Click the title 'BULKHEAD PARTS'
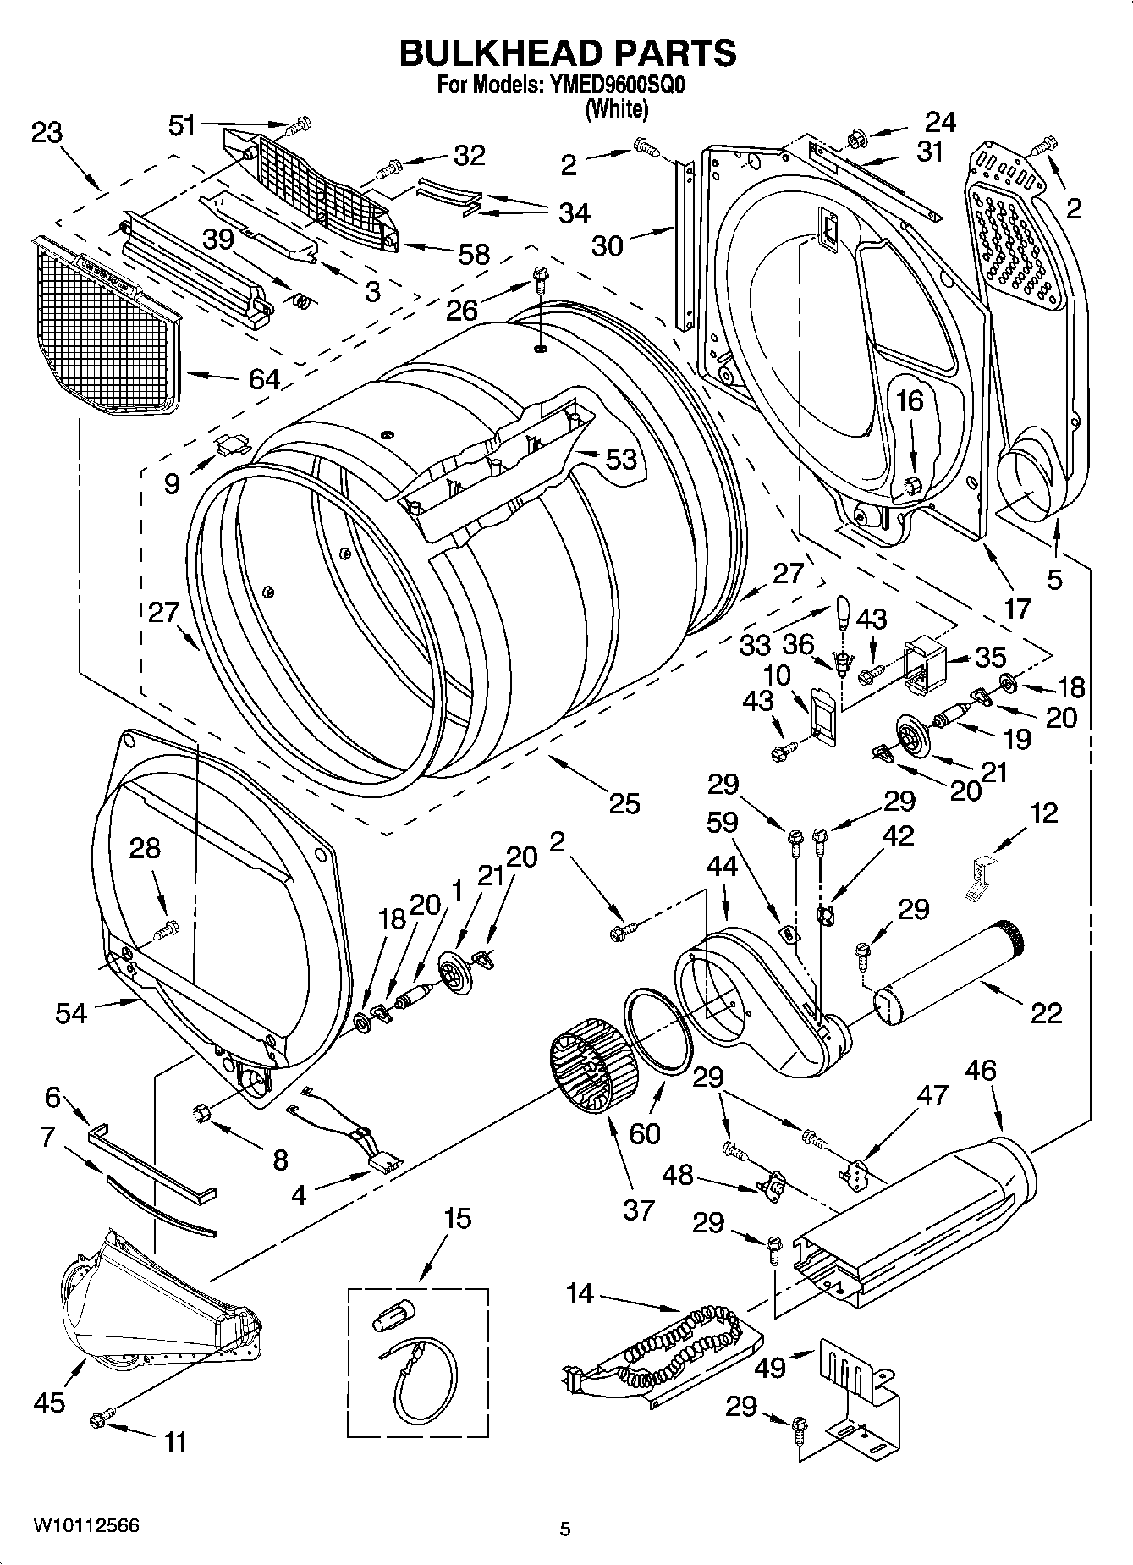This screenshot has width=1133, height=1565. pyautogui.click(x=567, y=53)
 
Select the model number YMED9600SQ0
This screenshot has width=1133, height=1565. pyautogui.click(x=611, y=85)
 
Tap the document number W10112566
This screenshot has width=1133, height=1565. pyautogui.click(x=85, y=1525)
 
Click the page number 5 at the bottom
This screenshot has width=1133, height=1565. pyautogui.click(x=564, y=1529)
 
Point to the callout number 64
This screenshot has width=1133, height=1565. pyautogui.click(x=264, y=378)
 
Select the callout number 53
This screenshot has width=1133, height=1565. pyautogui.click(x=620, y=459)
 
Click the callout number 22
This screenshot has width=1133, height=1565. pyautogui.click(x=1047, y=1012)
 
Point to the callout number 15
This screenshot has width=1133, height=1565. pyautogui.click(x=457, y=1219)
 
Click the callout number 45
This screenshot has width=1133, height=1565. pyautogui.click(x=49, y=1402)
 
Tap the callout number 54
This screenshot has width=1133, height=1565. pyautogui.click(x=71, y=1012)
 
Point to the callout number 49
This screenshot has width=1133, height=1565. pyautogui.click(x=769, y=1366)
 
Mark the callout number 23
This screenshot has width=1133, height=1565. pyautogui.click(x=47, y=133)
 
